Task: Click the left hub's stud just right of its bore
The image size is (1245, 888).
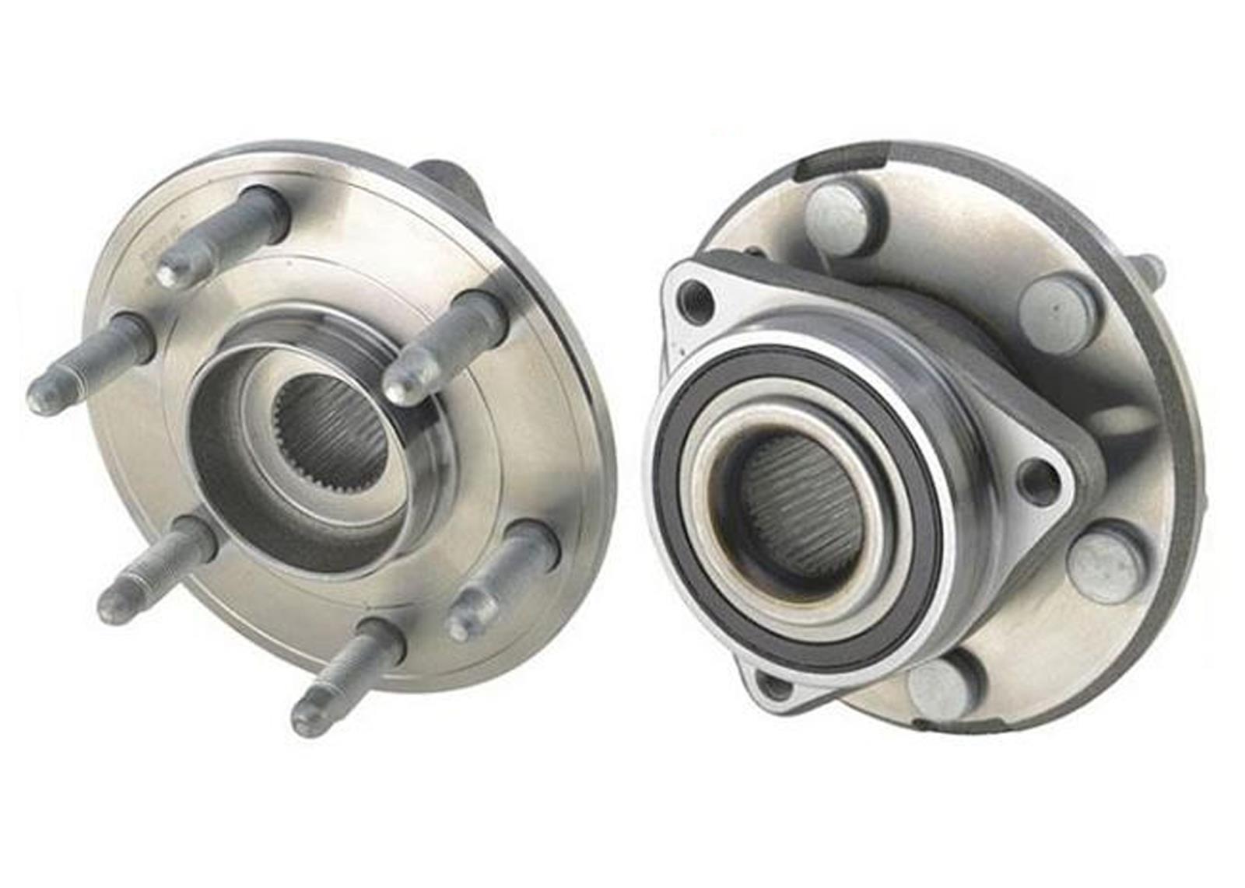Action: click(x=444, y=346)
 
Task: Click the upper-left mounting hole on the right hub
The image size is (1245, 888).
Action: click(x=695, y=300)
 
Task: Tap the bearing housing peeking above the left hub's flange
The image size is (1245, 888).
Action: click(x=447, y=179)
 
